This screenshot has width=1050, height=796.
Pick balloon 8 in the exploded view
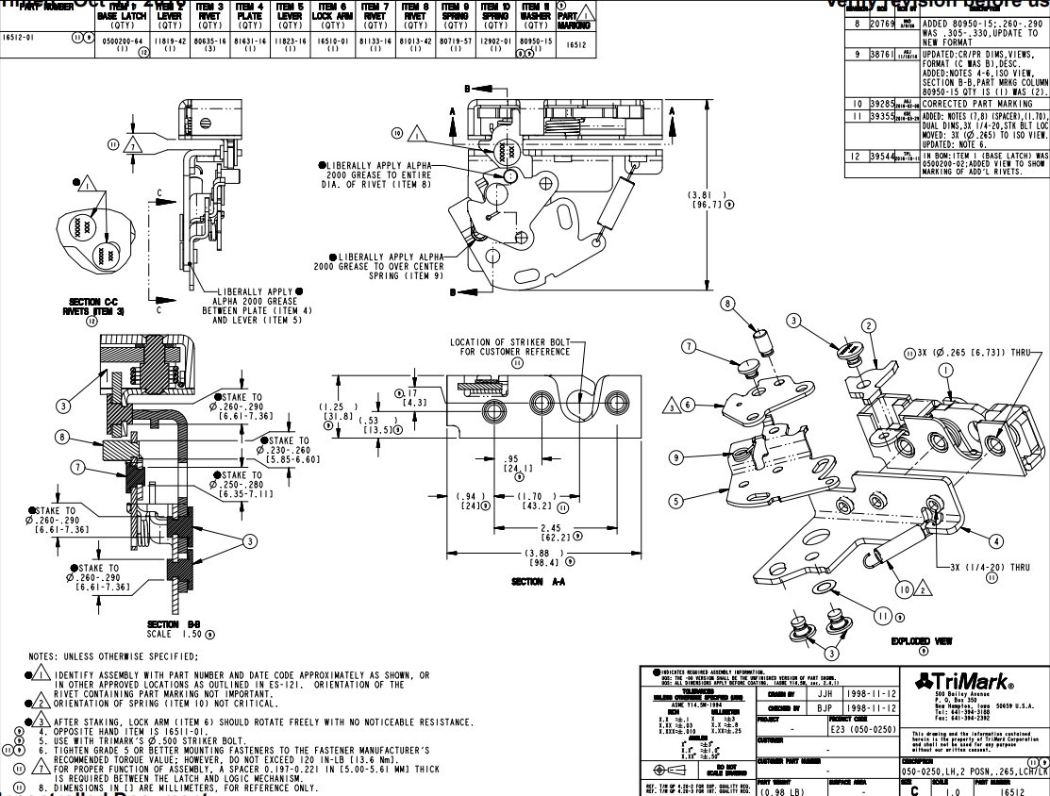[x=727, y=303]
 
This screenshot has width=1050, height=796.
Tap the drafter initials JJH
[x=824, y=692]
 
